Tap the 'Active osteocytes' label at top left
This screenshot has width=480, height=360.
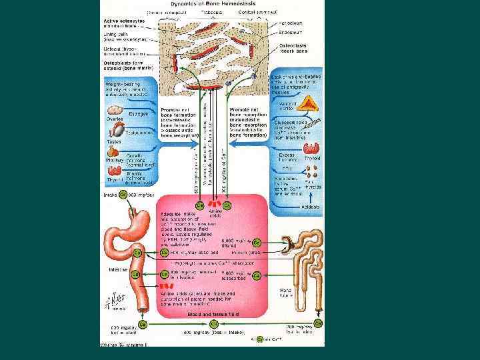121,20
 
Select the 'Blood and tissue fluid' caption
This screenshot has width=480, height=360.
214,313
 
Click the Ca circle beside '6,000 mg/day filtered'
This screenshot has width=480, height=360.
257,241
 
